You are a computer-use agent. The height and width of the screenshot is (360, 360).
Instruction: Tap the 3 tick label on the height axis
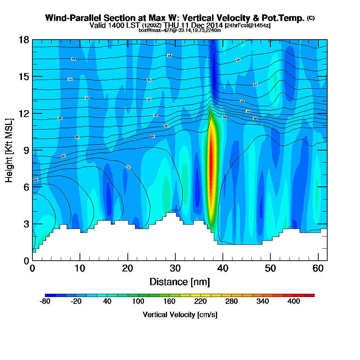pos(26,224)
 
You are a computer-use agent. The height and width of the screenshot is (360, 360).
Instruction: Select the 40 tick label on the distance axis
pos(223,268)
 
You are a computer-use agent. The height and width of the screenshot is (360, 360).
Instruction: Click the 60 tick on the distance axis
pos(318,260)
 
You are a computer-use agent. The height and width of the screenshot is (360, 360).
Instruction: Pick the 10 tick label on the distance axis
pos(80,268)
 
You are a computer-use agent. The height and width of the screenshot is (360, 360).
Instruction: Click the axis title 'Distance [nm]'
pos(180,282)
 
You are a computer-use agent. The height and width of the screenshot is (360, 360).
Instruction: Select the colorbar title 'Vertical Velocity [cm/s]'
pos(180,315)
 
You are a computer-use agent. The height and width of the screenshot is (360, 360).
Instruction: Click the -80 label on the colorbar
pos(45,302)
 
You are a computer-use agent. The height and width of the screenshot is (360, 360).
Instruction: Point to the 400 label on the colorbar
pos(294,302)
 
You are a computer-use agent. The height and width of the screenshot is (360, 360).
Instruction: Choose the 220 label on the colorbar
pos(201,302)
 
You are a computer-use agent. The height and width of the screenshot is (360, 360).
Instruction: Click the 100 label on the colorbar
pos(138,302)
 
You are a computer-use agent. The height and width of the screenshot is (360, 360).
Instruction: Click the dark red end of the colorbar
pos(312,295)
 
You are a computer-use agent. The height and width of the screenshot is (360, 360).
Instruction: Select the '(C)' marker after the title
pos(311,18)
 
